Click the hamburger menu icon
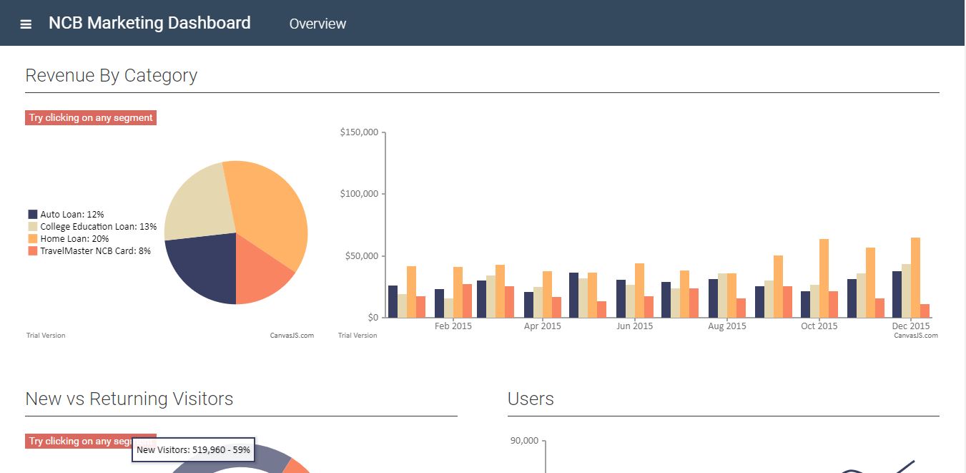[x=26, y=24]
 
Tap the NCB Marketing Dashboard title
[x=149, y=23]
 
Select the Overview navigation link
[x=317, y=24]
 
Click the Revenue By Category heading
[x=111, y=75]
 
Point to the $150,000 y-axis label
[x=359, y=132]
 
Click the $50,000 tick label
[x=361, y=256]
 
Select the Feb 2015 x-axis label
[x=453, y=326]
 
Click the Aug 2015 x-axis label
[x=726, y=326]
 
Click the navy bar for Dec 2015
[x=897, y=294]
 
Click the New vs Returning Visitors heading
[x=129, y=399]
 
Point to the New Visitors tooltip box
[x=193, y=449]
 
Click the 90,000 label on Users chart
[x=523, y=441]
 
